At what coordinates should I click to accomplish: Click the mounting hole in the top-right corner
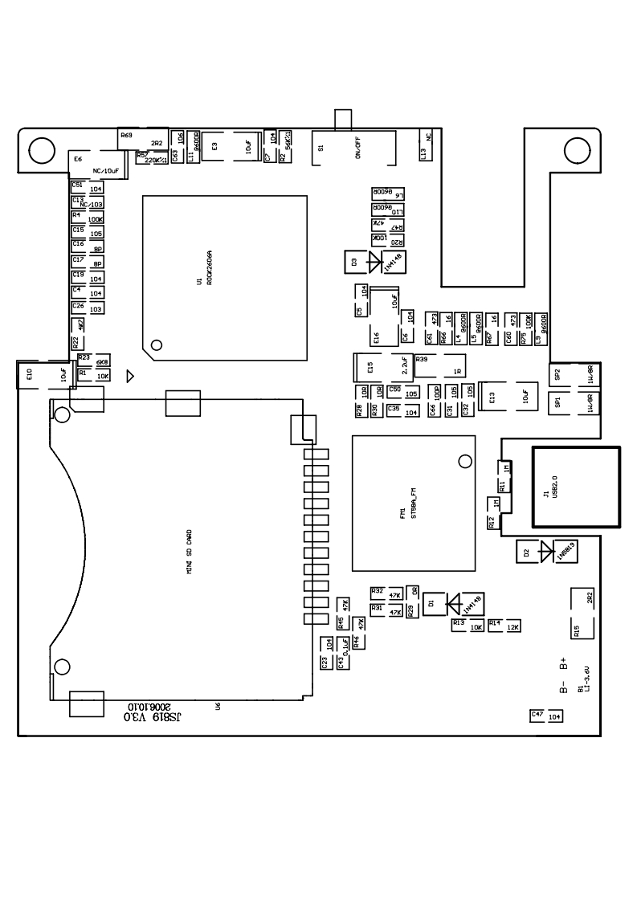(577, 149)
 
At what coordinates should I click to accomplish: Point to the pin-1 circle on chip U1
(157, 345)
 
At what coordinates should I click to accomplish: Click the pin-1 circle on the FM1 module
(463, 461)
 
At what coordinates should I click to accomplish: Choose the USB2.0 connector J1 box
(576, 487)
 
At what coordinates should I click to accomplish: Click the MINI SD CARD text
(188, 551)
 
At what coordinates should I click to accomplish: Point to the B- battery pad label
(564, 687)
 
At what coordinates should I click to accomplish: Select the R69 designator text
(126, 136)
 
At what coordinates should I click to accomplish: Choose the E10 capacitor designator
(29, 374)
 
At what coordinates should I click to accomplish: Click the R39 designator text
(423, 359)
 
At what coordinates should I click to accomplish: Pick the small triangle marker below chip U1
(131, 375)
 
